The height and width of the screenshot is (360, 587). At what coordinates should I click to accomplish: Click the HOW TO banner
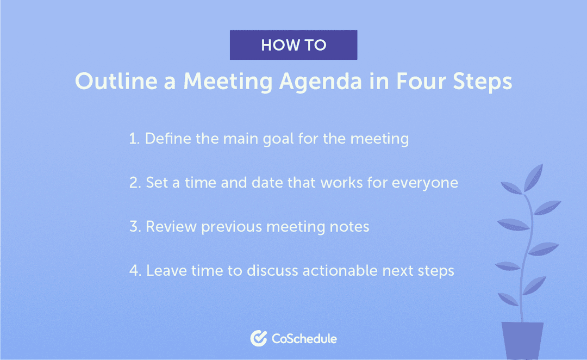coord(293,45)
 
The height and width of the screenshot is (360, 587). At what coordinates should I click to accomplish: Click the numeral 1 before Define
coord(133,139)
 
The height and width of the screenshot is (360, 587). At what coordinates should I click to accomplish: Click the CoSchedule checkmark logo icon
coord(258,338)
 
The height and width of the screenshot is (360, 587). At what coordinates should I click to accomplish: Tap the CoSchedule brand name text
coord(304,339)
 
